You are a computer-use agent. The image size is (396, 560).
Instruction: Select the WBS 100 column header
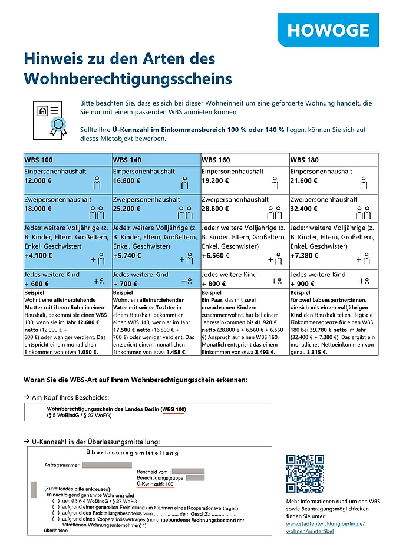click(x=39, y=160)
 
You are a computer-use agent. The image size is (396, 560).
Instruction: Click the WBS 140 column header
click(x=128, y=160)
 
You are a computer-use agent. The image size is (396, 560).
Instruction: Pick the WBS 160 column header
click(x=216, y=160)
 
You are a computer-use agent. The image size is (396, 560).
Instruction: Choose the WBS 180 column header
click(x=305, y=160)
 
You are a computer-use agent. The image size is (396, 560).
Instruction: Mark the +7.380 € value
click(x=304, y=256)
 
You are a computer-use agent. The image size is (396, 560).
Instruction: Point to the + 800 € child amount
click(x=215, y=284)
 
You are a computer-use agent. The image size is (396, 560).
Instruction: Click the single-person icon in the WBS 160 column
click(x=275, y=183)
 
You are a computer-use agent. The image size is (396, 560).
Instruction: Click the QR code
click(x=305, y=474)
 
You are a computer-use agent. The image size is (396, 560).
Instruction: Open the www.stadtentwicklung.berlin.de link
click(x=325, y=523)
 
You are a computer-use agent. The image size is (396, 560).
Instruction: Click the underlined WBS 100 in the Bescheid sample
click(x=175, y=409)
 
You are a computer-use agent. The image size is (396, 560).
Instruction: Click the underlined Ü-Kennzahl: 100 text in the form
click(x=154, y=483)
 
